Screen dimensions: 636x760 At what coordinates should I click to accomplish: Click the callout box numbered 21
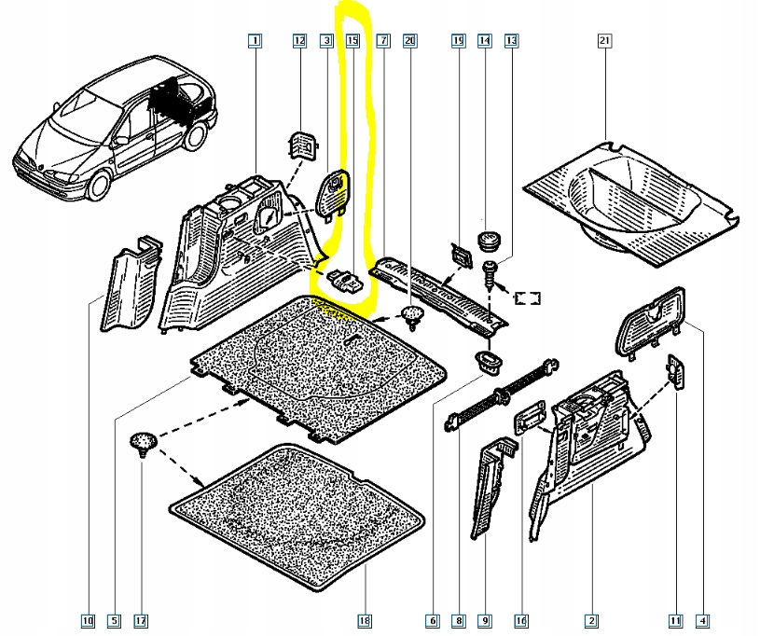(604, 41)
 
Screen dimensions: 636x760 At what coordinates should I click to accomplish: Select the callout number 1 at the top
(255, 41)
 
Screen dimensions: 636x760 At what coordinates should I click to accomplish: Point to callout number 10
(88, 620)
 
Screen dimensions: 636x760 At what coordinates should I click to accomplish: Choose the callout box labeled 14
(484, 41)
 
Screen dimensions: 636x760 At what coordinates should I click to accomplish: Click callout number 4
(702, 620)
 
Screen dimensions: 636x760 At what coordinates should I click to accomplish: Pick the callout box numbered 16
(520, 620)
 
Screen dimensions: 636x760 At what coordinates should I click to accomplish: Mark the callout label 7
(382, 41)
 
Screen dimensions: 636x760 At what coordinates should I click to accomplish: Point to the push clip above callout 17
(142, 443)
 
